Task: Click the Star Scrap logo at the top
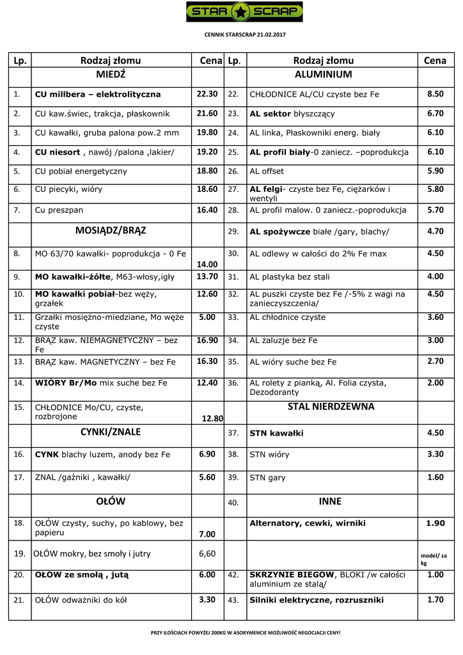(244, 12)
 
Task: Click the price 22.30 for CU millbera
(207, 94)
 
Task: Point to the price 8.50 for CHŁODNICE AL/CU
(435, 94)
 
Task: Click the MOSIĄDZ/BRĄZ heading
(111, 230)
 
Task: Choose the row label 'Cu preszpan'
(59, 210)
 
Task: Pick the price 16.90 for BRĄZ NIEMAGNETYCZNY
(207, 340)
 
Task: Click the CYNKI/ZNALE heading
(111, 432)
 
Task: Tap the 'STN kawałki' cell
(276, 433)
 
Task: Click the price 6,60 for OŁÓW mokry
(207, 554)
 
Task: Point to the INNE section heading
(330, 501)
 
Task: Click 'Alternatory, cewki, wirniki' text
(308, 523)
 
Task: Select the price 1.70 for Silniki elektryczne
(435, 600)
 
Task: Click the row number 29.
(233, 232)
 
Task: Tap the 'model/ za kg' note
(434, 559)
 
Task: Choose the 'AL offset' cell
(267, 171)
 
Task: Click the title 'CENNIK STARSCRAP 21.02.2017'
(244, 33)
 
